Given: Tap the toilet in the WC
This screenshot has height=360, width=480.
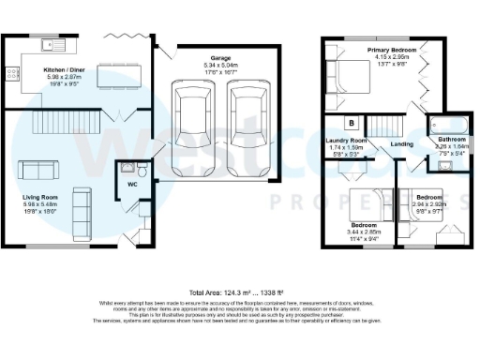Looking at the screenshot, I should pos(142,171).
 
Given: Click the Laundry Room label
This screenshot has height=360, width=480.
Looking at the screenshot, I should pos(346,141).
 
